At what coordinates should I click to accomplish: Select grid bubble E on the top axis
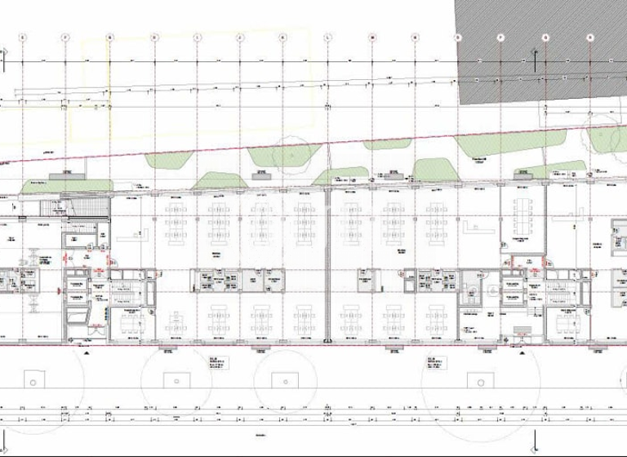(23, 37)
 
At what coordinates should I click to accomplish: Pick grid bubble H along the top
(153, 37)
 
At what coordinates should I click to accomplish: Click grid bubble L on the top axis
(327, 37)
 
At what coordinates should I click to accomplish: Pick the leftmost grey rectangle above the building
(63, 174)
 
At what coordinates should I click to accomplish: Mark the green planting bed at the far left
(45, 183)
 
